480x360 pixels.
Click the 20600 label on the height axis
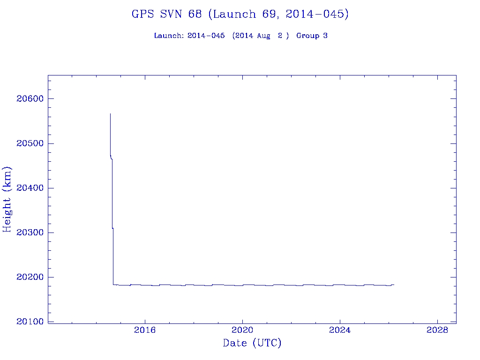30,99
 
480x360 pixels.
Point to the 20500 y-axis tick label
30,143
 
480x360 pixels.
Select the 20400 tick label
30,188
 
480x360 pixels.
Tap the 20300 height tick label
30,233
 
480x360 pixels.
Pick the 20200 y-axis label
30,277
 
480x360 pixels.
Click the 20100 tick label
30,322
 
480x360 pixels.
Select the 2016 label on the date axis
145,330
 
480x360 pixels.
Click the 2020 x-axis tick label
243,330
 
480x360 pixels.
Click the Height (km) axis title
7,199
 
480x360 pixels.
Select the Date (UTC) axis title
252,344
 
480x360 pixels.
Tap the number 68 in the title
195,15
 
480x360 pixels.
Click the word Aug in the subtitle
263,36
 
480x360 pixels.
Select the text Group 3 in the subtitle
312,36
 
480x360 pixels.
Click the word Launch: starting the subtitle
169,36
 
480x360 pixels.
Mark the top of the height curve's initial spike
110,113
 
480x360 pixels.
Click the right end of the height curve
394,285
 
